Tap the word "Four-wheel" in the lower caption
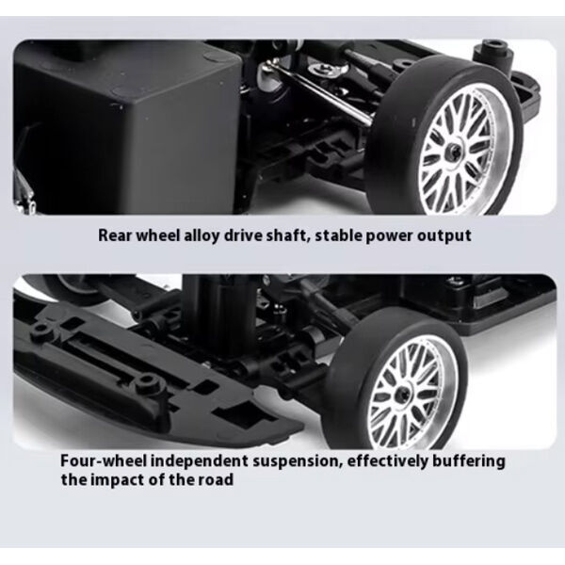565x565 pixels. [x=104, y=461]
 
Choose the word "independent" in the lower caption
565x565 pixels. [x=200, y=462]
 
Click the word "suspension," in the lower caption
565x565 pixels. [x=298, y=462]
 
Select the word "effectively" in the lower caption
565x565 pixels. [x=387, y=462]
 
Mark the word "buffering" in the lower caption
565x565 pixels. [x=469, y=462]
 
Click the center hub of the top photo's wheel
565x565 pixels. [x=454, y=149]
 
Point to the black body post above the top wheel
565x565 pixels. [x=492, y=54]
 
